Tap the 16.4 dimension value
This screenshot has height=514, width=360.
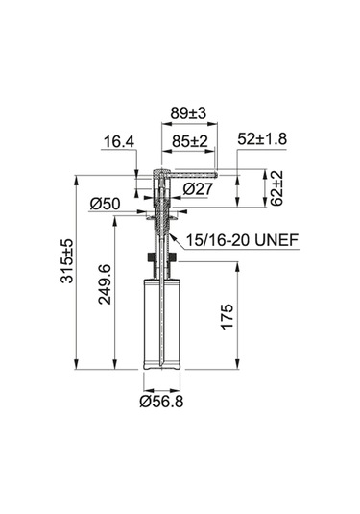[x=118, y=142]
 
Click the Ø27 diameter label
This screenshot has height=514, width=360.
[x=199, y=189]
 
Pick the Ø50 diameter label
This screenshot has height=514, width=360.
[x=103, y=204]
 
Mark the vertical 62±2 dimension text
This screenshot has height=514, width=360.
[x=276, y=190]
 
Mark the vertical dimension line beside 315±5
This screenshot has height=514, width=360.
[x=79, y=270]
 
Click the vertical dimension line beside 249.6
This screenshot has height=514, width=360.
[x=116, y=294]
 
